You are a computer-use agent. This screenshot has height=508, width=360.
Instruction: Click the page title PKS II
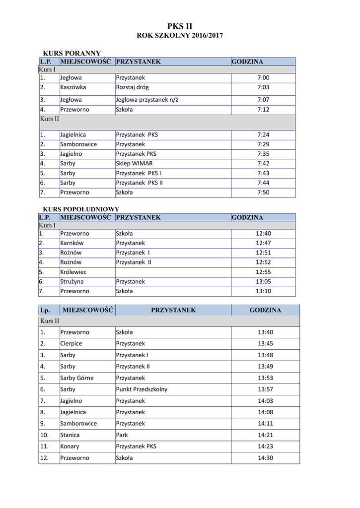(x=180, y=26)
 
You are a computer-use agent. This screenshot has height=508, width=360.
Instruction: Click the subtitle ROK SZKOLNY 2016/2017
(x=180, y=36)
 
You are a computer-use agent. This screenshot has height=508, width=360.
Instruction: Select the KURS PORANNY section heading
(x=72, y=53)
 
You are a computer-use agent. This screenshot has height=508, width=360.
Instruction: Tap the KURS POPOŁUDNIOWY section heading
(x=81, y=209)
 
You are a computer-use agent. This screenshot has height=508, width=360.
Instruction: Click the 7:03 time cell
(x=263, y=87)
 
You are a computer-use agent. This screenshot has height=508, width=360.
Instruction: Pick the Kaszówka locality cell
(x=73, y=87)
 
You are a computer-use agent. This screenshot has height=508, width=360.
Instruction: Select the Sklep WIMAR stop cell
(x=134, y=163)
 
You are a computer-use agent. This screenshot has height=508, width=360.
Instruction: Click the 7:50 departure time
(x=263, y=192)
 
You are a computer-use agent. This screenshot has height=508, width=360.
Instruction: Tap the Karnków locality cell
(x=72, y=243)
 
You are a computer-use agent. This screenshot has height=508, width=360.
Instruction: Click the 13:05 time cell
(x=263, y=281)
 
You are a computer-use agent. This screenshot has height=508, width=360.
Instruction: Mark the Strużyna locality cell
(x=72, y=281)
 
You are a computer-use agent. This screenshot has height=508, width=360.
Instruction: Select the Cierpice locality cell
(x=71, y=343)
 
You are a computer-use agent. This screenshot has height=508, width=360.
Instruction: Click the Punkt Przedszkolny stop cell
(x=142, y=389)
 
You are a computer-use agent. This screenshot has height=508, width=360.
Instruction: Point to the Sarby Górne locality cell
(x=76, y=378)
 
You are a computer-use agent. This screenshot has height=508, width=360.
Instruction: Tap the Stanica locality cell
(x=70, y=435)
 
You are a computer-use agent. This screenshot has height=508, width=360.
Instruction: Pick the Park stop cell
(x=122, y=435)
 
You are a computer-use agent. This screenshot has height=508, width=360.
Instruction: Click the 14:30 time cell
(x=265, y=458)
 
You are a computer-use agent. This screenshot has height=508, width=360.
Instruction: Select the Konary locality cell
(x=70, y=446)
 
